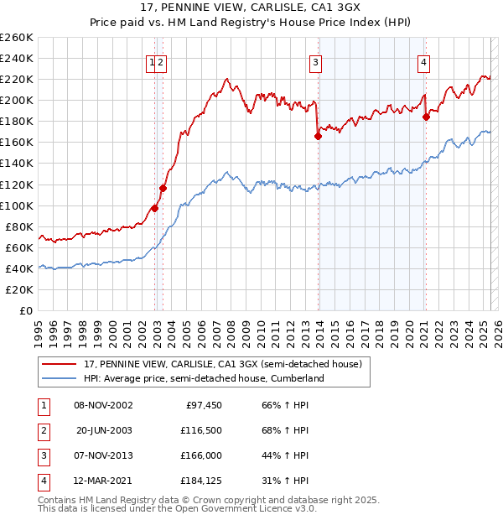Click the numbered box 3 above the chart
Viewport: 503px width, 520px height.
click(316, 61)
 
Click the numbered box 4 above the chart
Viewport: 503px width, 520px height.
click(425, 61)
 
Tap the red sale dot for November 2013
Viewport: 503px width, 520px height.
click(319, 136)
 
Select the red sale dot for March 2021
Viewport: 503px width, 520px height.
click(426, 117)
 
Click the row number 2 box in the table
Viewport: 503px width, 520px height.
click(43, 431)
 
